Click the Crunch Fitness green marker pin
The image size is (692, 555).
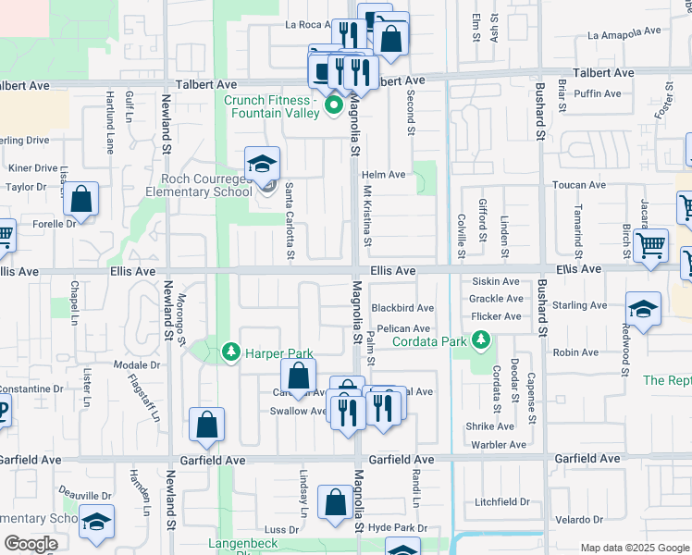click(x=334, y=108)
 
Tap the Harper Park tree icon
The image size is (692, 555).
click(x=230, y=352)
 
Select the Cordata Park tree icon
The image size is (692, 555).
click(x=480, y=341)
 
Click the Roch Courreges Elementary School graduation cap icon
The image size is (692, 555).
click(x=263, y=165)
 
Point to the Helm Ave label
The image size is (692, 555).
click(x=384, y=175)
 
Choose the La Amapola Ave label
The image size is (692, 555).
click(x=625, y=32)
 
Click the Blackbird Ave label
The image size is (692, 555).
click(x=402, y=308)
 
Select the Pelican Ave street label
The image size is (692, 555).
click(x=403, y=328)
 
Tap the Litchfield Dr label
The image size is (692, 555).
click(x=501, y=502)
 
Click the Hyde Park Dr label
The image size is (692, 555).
click(x=397, y=528)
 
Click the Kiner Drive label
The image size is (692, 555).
click(x=32, y=168)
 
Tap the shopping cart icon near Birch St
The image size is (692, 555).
click(x=651, y=246)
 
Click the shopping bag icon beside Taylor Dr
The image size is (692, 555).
click(x=81, y=201)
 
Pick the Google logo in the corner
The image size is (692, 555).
click(x=31, y=544)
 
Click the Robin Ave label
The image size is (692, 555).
click(x=575, y=352)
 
